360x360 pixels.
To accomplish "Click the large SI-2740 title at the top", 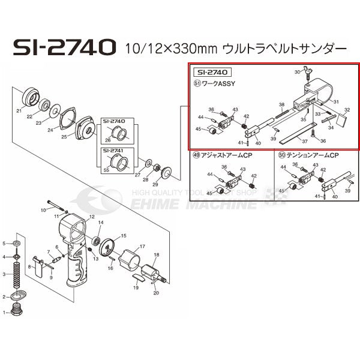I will [63, 47].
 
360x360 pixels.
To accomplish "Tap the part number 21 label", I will [19, 111].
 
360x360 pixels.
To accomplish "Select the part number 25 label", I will [64, 137].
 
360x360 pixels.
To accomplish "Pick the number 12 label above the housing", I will [92, 216].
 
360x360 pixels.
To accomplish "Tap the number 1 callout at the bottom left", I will [5, 313].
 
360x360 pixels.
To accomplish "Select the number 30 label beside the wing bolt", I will [296, 73].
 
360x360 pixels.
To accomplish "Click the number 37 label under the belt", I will [305, 142].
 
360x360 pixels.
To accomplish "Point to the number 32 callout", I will [347, 110].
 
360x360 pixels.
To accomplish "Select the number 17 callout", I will [143, 247].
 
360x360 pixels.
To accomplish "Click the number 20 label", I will [156, 293].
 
